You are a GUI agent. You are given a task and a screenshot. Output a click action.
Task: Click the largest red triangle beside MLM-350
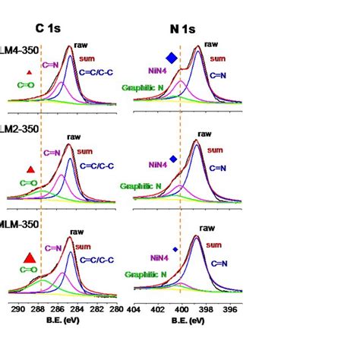(28, 257)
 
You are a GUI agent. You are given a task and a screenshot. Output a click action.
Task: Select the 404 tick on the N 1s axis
(134, 310)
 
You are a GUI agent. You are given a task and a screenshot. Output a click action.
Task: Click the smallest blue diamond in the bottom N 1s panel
(175, 249)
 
